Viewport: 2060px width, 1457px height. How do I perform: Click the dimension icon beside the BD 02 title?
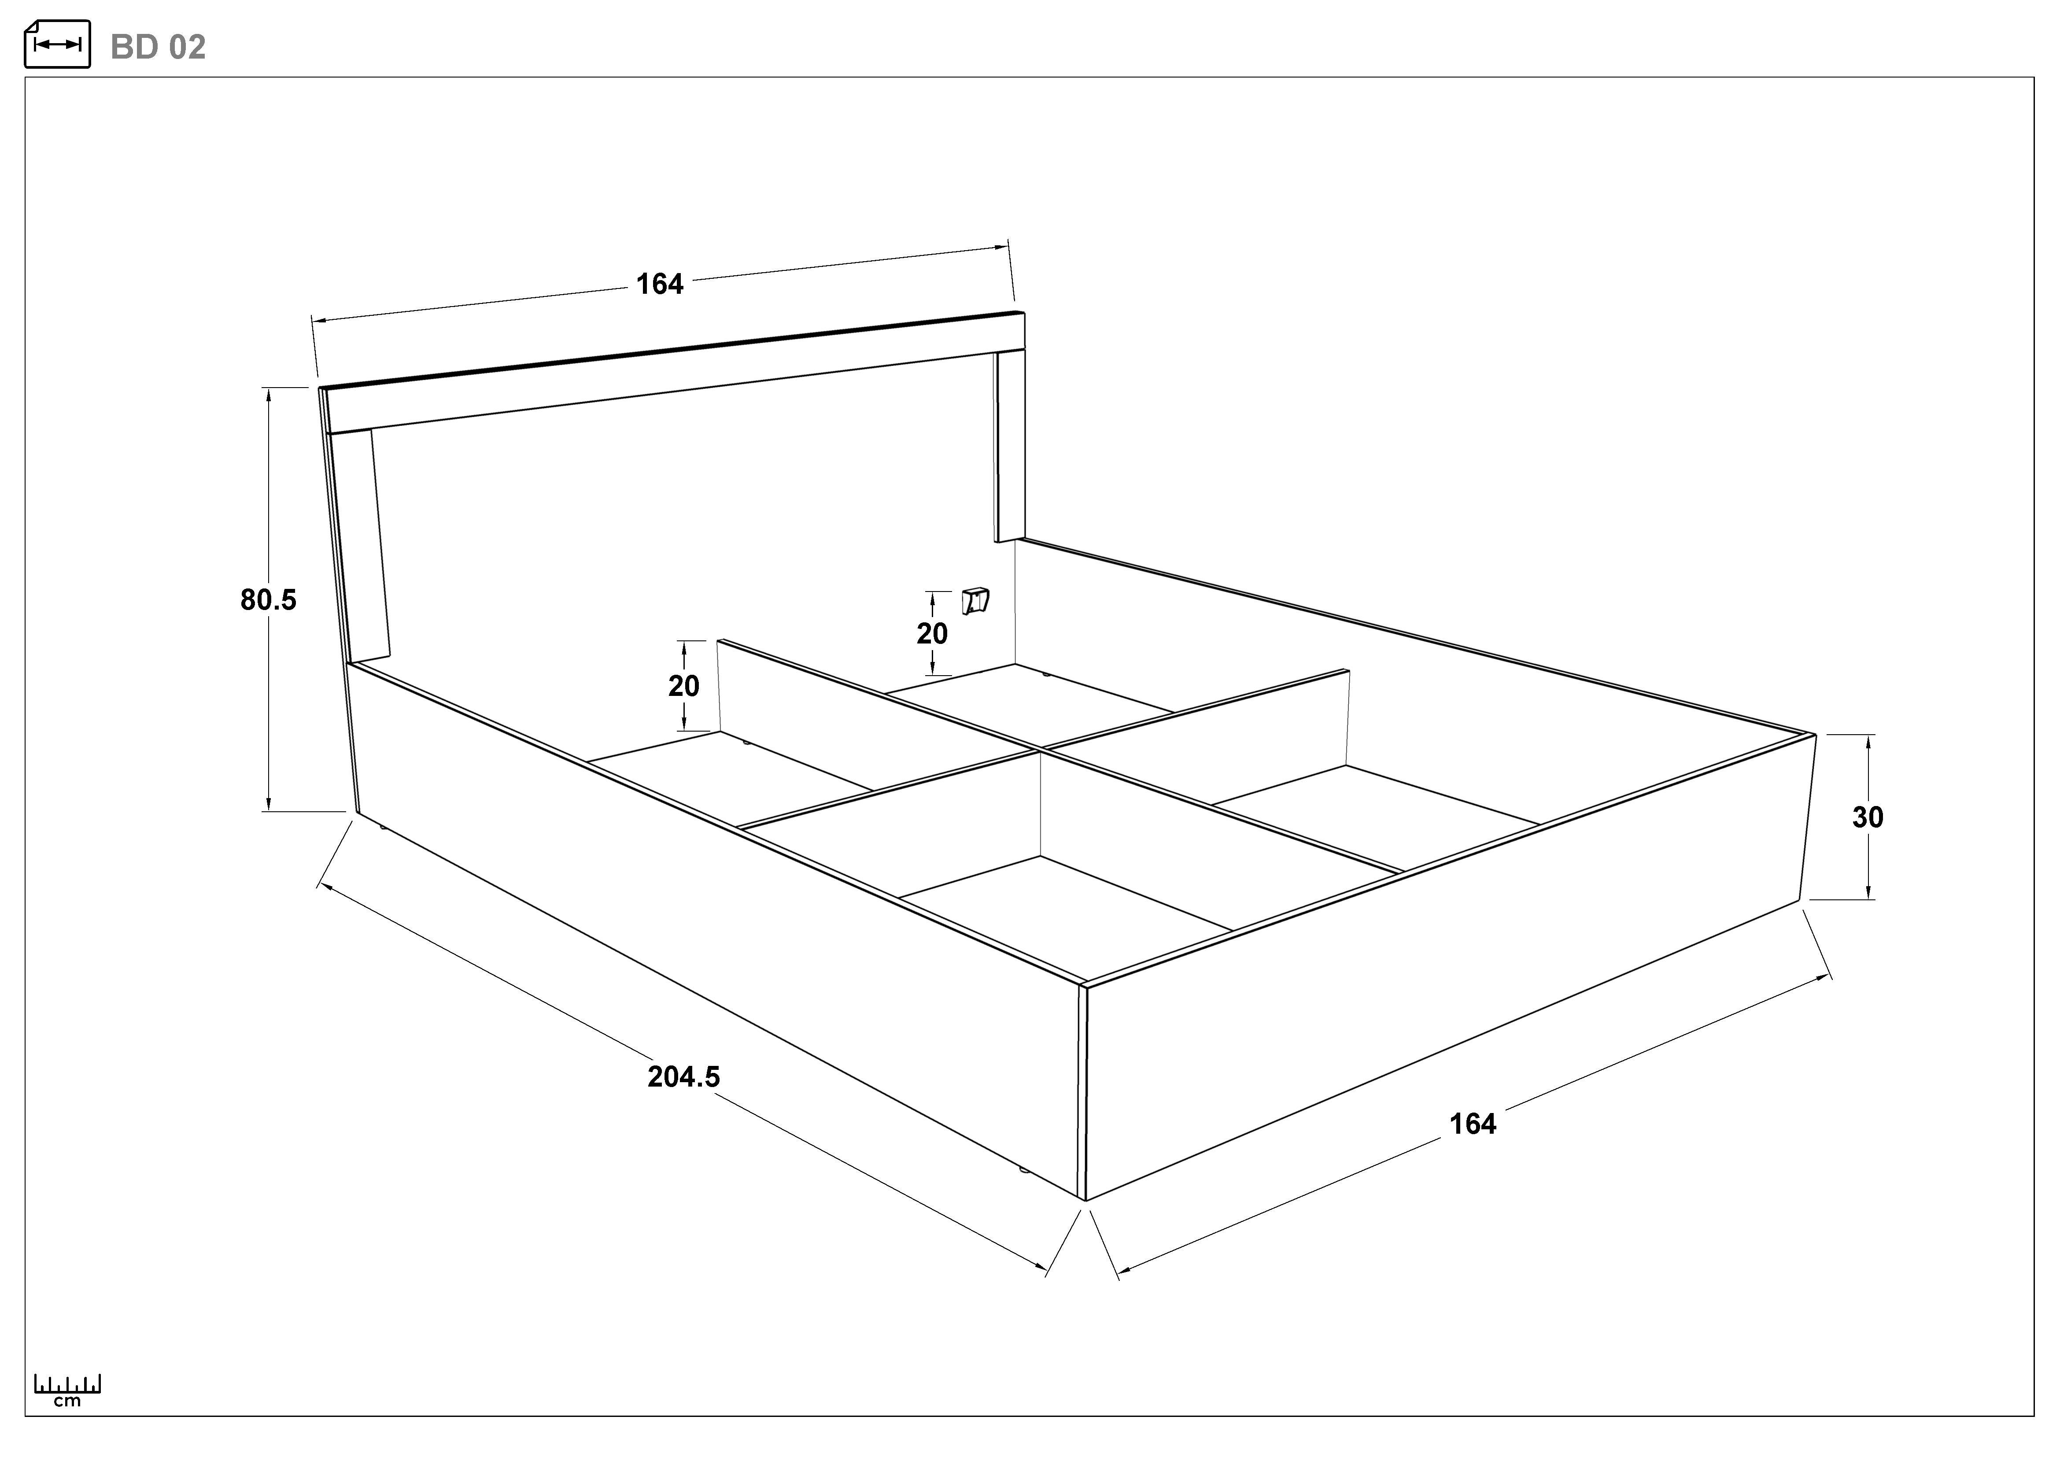pyautogui.click(x=57, y=44)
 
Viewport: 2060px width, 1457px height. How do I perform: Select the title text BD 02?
pyautogui.click(x=158, y=47)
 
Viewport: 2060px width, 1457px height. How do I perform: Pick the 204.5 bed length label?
pyautogui.click(x=684, y=1076)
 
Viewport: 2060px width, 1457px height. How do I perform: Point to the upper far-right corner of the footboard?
pyautogui.click(x=1816, y=735)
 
